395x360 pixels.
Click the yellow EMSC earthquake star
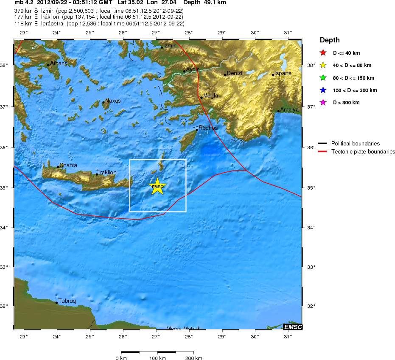157,187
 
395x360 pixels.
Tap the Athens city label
59,64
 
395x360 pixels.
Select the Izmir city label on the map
169,45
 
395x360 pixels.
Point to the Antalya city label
290,109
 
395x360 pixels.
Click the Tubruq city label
67,301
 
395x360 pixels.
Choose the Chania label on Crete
68,165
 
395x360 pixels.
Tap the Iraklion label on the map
107,173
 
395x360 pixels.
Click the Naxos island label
113,101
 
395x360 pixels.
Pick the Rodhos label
208,128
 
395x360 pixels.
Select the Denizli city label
235,73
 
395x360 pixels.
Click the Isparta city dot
273,75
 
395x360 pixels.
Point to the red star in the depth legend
323,53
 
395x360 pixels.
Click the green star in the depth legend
323,78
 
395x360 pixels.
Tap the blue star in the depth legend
323,90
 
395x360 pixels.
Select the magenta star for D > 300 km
323,102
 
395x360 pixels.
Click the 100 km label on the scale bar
157,358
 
